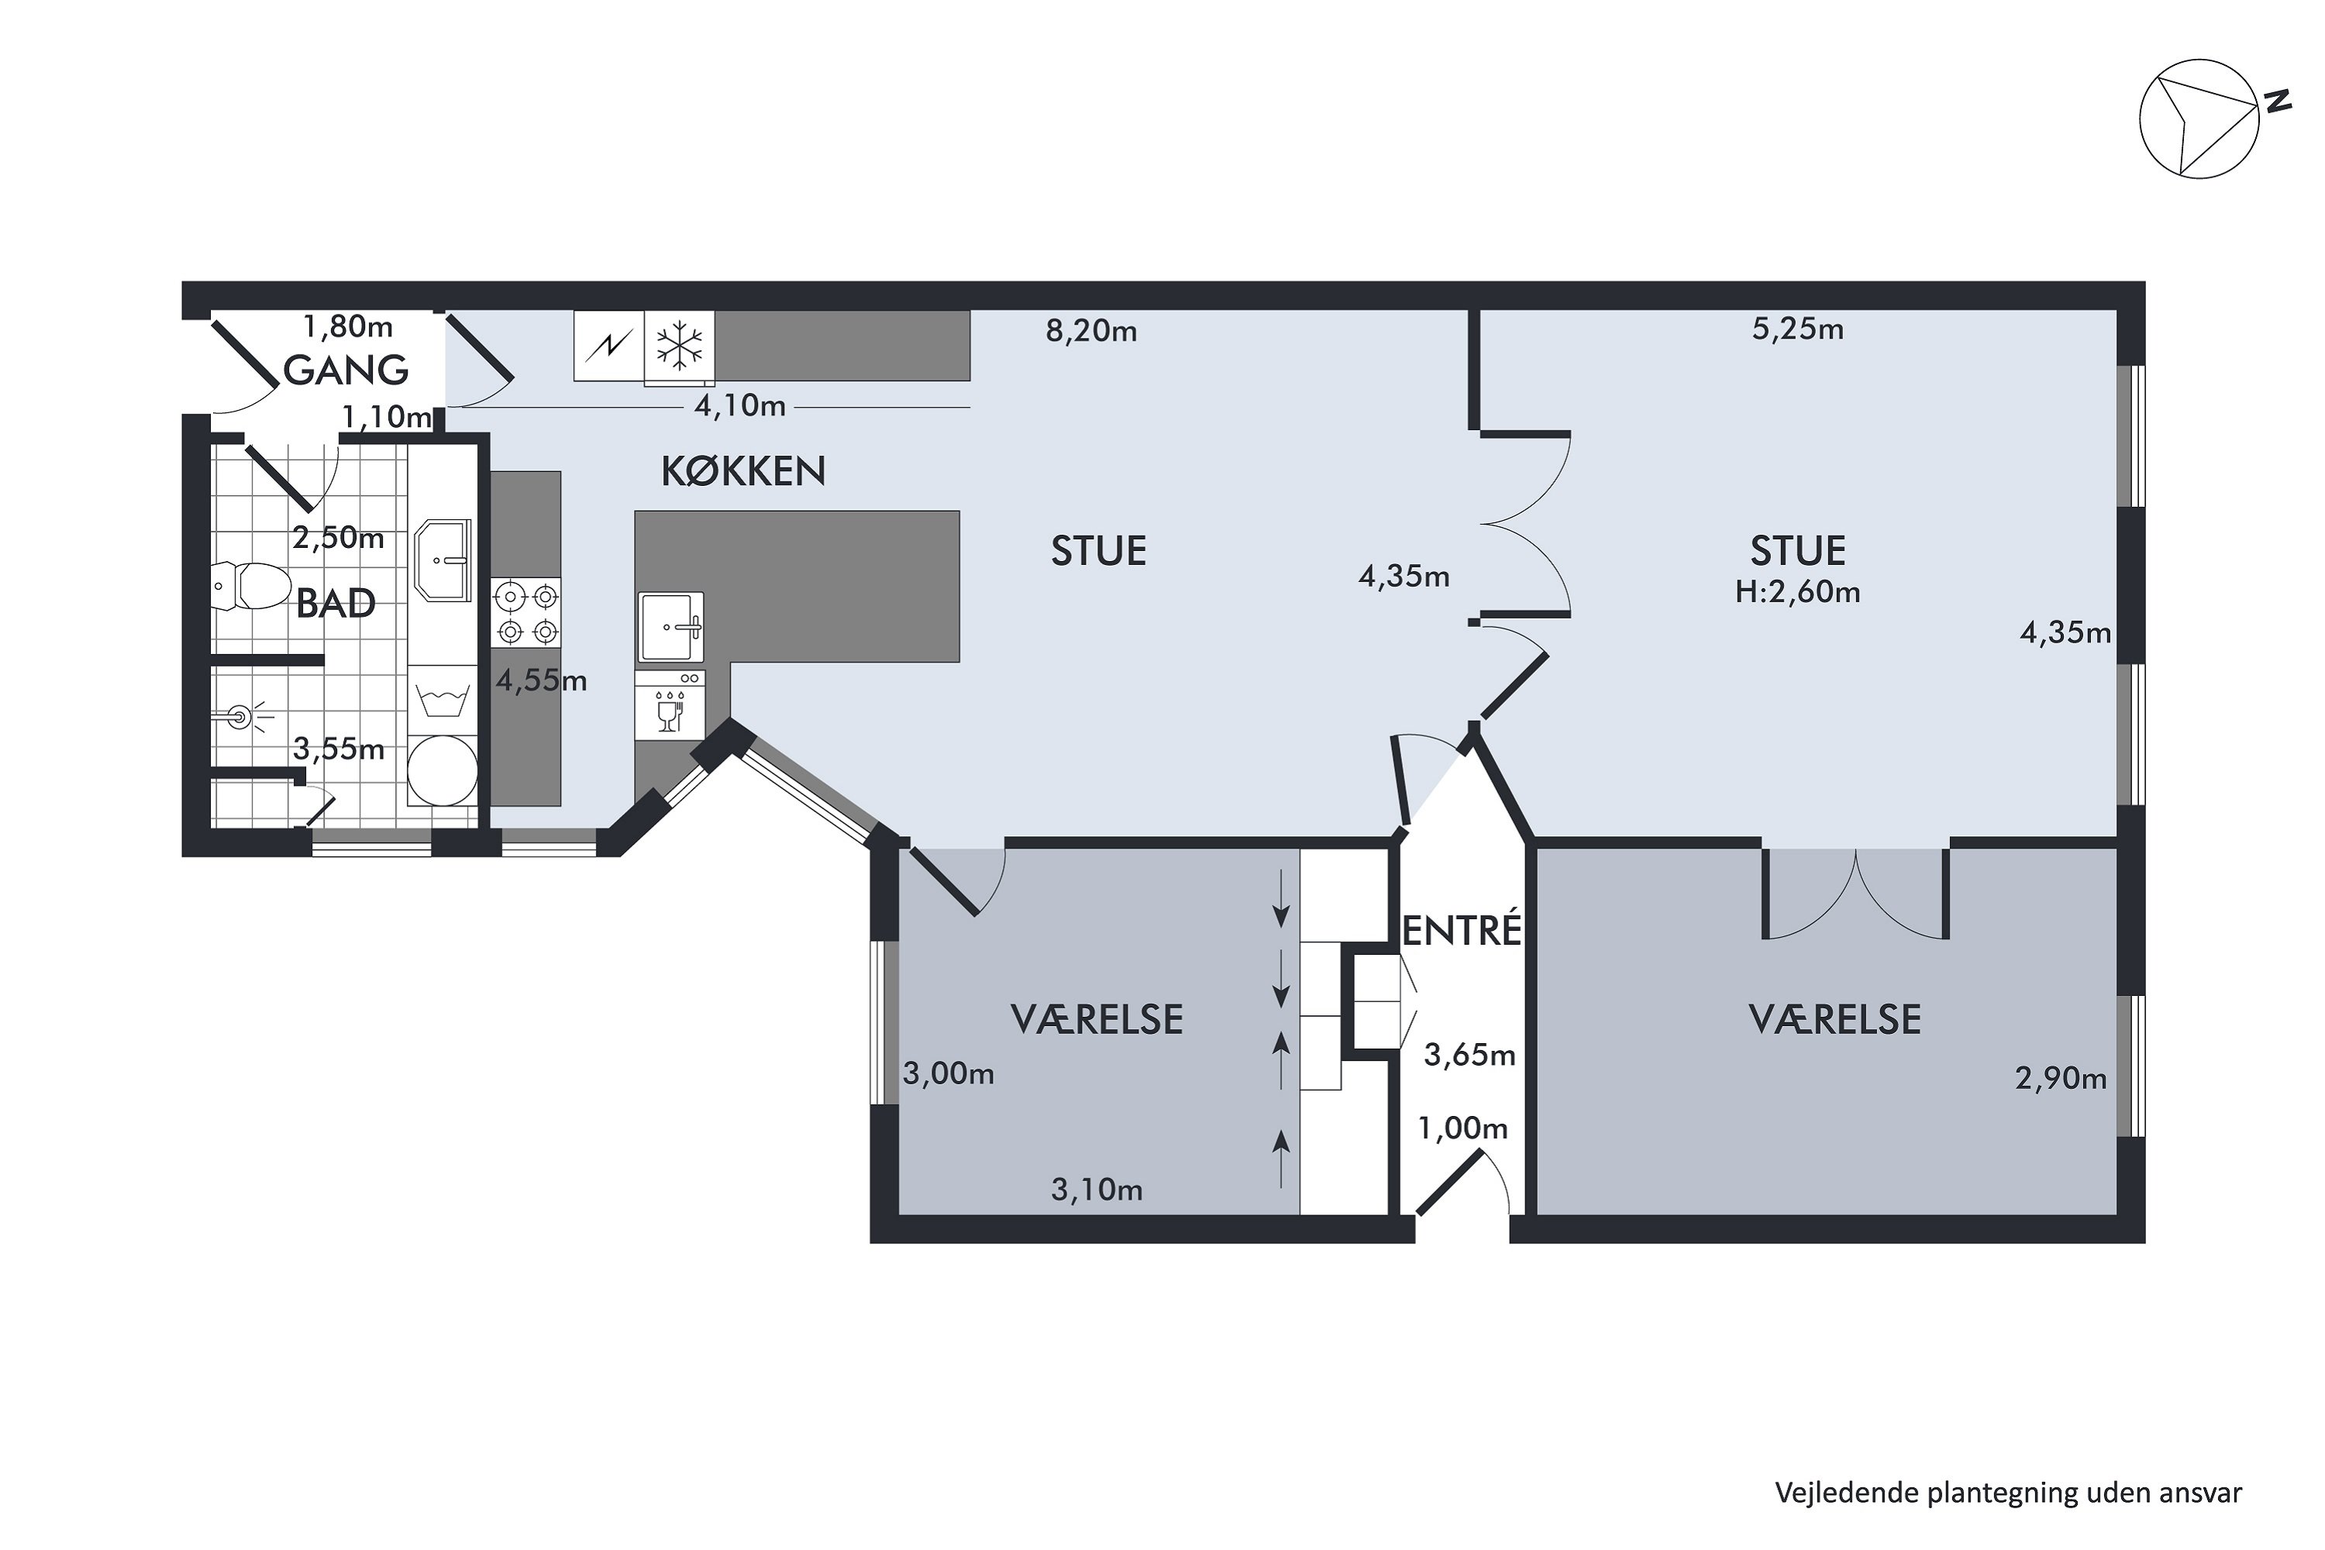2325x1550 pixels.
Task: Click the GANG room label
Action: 345,370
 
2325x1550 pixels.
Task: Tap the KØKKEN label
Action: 743,471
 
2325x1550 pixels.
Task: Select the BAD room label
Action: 336,603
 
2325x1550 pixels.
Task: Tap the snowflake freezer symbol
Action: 680,346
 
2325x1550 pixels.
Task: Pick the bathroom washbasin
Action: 443,560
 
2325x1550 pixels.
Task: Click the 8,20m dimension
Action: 1091,331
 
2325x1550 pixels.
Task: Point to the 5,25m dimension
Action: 1798,329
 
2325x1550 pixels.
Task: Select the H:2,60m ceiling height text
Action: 1798,592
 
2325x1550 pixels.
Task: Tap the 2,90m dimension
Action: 2061,1079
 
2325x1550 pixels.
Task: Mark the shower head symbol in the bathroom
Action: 240,717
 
